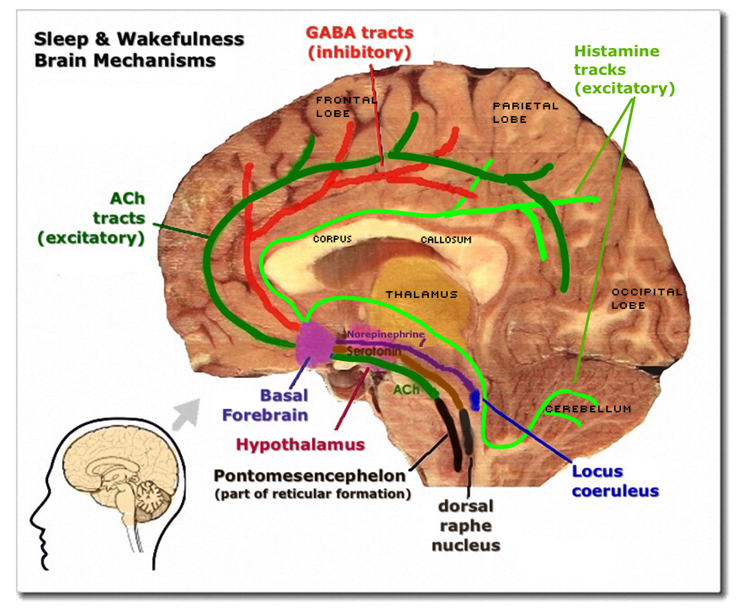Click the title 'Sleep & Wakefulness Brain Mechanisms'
(x=139, y=50)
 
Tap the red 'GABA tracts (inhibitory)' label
(x=359, y=42)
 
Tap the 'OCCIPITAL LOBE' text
(x=646, y=298)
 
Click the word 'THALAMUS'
(x=422, y=295)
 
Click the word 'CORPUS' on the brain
(x=332, y=239)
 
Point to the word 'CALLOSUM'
(x=445, y=240)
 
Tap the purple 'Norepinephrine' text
(x=385, y=334)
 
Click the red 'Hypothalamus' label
(x=300, y=444)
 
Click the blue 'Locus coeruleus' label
(x=614, y=481)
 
